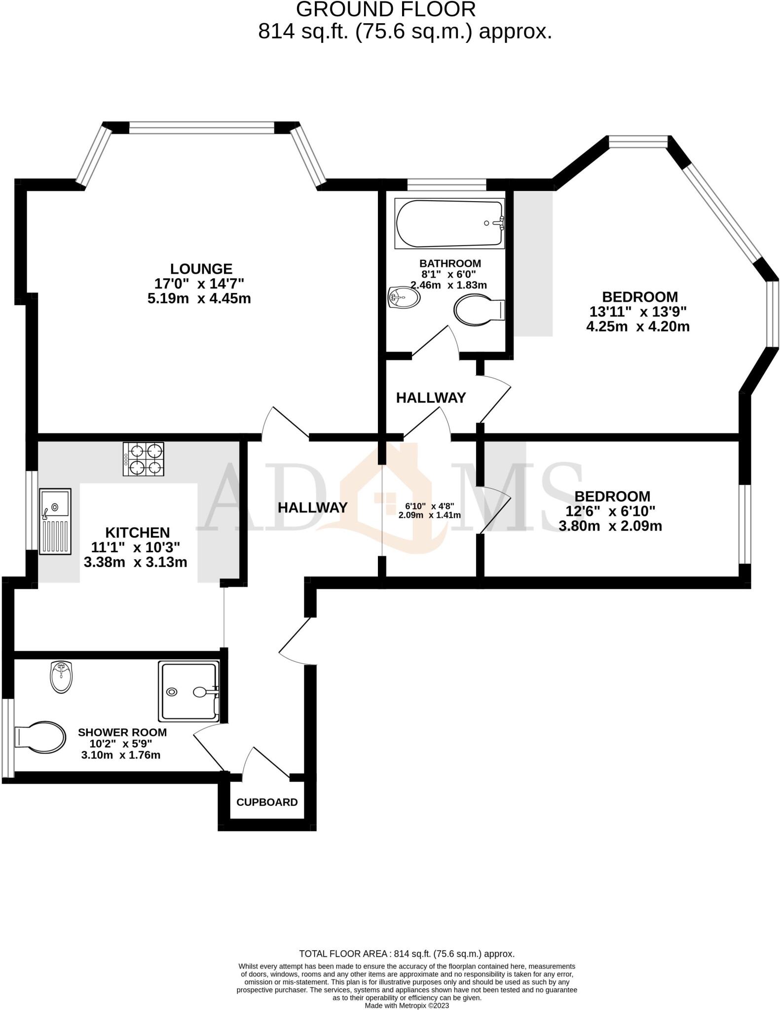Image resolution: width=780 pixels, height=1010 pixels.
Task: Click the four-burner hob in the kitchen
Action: [x=144, y=459]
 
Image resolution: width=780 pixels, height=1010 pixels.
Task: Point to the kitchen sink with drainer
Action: [x=55, y=521]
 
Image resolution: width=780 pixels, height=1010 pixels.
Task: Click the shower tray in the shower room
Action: [x=188, y=692]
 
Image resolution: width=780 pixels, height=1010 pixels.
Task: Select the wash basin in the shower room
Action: [x=62, y=677]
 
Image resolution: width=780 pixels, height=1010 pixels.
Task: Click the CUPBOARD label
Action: [x=267, y=802]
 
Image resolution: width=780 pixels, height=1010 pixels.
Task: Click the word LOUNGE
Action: [x=201, y=269]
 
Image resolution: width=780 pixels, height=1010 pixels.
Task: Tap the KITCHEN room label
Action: [x=137, y=533]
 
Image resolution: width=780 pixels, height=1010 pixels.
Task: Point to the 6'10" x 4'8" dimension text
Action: [x=429, y=506]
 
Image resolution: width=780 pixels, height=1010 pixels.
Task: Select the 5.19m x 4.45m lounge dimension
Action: [x=199, y=298]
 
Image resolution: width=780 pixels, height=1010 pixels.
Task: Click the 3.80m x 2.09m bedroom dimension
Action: [x=610, y=526]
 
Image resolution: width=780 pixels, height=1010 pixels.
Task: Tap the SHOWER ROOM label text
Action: [x=122, y=732]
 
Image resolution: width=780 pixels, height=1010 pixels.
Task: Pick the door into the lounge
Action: [x=285, y=423]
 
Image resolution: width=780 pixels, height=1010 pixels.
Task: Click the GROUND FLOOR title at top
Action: [x=386, y=10]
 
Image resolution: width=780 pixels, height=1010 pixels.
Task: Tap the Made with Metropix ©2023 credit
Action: [x=407, y=1006]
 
